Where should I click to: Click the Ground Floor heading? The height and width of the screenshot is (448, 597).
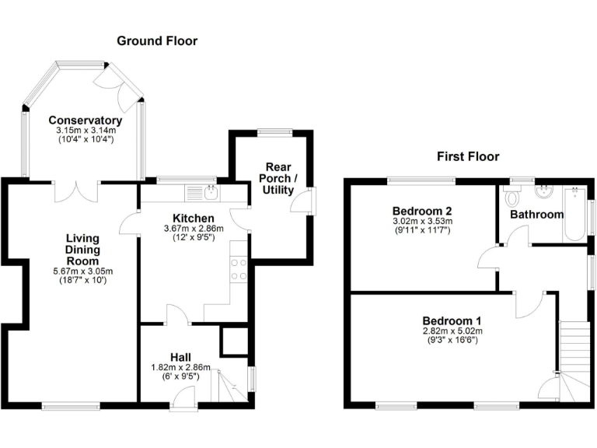[157, 40]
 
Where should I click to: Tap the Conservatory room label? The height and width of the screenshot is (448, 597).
[86, 121]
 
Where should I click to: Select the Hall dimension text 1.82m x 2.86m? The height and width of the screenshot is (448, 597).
[176, 367]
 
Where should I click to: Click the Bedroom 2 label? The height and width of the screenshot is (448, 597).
[422, 211]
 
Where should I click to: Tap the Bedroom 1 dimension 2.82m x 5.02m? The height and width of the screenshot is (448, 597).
[452, 331]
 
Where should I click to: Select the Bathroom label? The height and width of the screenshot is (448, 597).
[536, 214]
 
